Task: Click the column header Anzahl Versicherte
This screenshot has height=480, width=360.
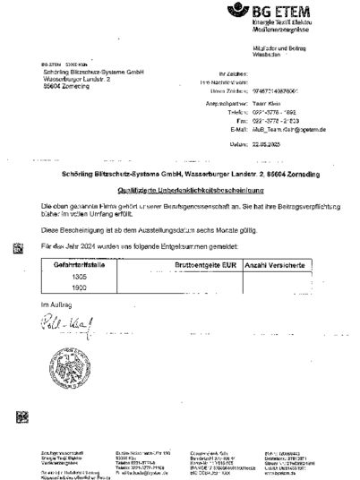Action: (x=270, y=266)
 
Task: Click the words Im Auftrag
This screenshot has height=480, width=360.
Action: (x=55, y=307)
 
